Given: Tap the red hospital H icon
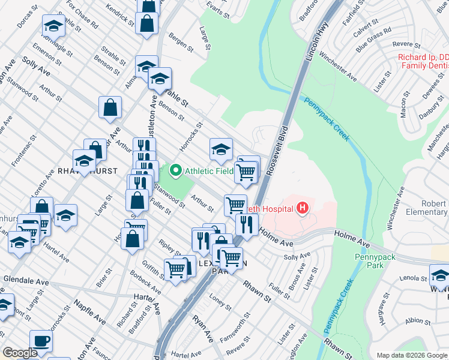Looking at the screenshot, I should click(x=303, y=208).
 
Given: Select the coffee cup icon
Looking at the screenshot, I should click(x=41, y=340).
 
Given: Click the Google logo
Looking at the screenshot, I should click(x=19, y=353).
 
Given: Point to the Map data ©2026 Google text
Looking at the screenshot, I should click(x=411, y=355).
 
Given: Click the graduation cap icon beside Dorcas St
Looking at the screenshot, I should click(x=53, y=26).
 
